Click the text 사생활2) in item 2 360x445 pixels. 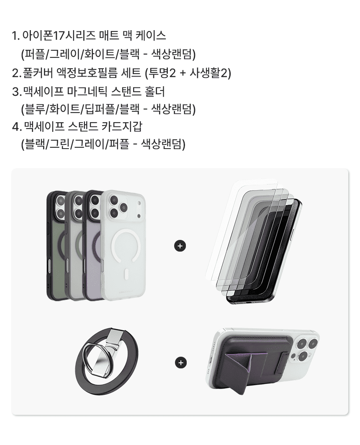(x=210, y=73)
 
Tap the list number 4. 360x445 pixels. (x=16, y=126)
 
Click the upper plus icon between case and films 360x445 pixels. (x=180, y=246)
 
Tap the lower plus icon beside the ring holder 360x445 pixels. (x=181, y=363)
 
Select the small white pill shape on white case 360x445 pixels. (x=127, y=275)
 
